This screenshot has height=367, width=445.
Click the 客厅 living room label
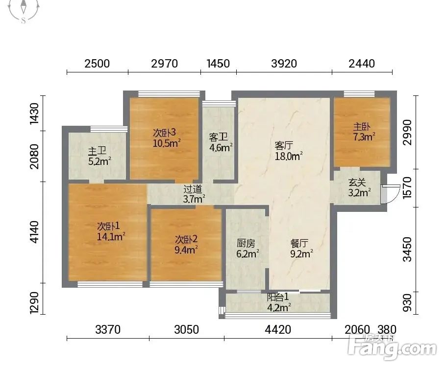tap(284, 146)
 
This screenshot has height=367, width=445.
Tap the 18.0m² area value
tap(288, 156)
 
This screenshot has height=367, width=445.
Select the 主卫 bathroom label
tap(97, 151)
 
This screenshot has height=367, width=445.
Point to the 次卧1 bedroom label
tap(108, 226)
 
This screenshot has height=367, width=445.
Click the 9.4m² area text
tap(186, 250)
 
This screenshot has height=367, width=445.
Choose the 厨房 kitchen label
tap(246, 243)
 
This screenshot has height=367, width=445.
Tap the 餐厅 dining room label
tap(299, 243)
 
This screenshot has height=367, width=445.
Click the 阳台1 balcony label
tap(278, 297)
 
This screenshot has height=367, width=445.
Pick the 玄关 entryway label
tap(357, 182)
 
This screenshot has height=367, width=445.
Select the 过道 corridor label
tap(193, 189)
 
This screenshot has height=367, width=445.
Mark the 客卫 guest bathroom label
tap(218, 137)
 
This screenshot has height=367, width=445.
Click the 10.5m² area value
tap(167, 143)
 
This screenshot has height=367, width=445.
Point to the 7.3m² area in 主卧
tap(364, 137)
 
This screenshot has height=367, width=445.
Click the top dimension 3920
tap(284, 64)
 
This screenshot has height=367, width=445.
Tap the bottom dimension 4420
tap(278, 330)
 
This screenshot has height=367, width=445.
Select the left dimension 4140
tap(34, 232)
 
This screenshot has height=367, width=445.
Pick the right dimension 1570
tap(407, 187)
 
